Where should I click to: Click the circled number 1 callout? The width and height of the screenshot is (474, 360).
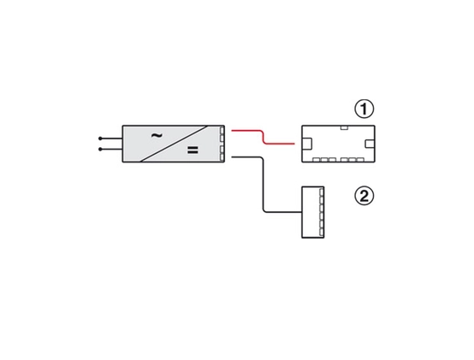click(x=364, y=109)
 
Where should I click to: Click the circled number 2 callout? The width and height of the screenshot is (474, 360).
click(x=364, y=196)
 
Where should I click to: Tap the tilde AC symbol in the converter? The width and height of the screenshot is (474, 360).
click(x=157, y=136)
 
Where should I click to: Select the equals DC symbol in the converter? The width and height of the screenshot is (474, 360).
click(x=193, y=150)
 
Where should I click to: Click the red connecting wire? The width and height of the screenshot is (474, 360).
click(x=263, y=137)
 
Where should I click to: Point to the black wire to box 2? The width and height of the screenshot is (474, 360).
click(x=263, y=184)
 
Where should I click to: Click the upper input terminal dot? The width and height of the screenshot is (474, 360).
click(x=100, y=139)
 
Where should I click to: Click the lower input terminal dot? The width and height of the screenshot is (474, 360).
click(x=100, y=149)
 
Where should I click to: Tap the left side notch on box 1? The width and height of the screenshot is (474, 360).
click(x=307, y=144)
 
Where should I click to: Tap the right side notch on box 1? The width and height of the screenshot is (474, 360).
click(x=370, y=144)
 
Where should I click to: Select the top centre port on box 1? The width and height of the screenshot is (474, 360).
click(x=344, y=127)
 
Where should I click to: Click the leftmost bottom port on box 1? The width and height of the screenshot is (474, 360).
click(x=317, y=160)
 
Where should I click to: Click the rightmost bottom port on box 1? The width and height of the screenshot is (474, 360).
click(x=360, y=160)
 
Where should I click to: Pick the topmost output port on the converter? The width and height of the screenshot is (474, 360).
click(x=222, y=131)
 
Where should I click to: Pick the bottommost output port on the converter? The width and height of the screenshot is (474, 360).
click(x=222, y=157)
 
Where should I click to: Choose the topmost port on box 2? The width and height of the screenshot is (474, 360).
click(x=322, y=192)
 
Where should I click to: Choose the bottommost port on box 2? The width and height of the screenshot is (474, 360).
click(x=322, y=233)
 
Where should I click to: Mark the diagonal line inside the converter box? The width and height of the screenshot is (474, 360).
click(x=175, y=144)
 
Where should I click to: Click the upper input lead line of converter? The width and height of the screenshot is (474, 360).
click(x=111, y=139)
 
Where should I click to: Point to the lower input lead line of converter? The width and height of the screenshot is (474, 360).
click(x=111, y=149)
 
